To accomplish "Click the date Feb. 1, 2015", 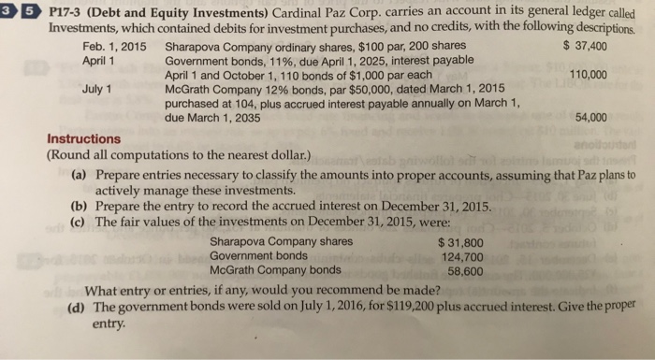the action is [x=113, y=46].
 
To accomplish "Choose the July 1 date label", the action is [x=97, y=90].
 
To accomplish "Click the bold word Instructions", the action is [x=83, y=139].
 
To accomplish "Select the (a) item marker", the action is [x=80, y=175].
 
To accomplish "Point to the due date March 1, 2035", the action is [x=209, y=119].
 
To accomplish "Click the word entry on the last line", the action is [x=110, y=324].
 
